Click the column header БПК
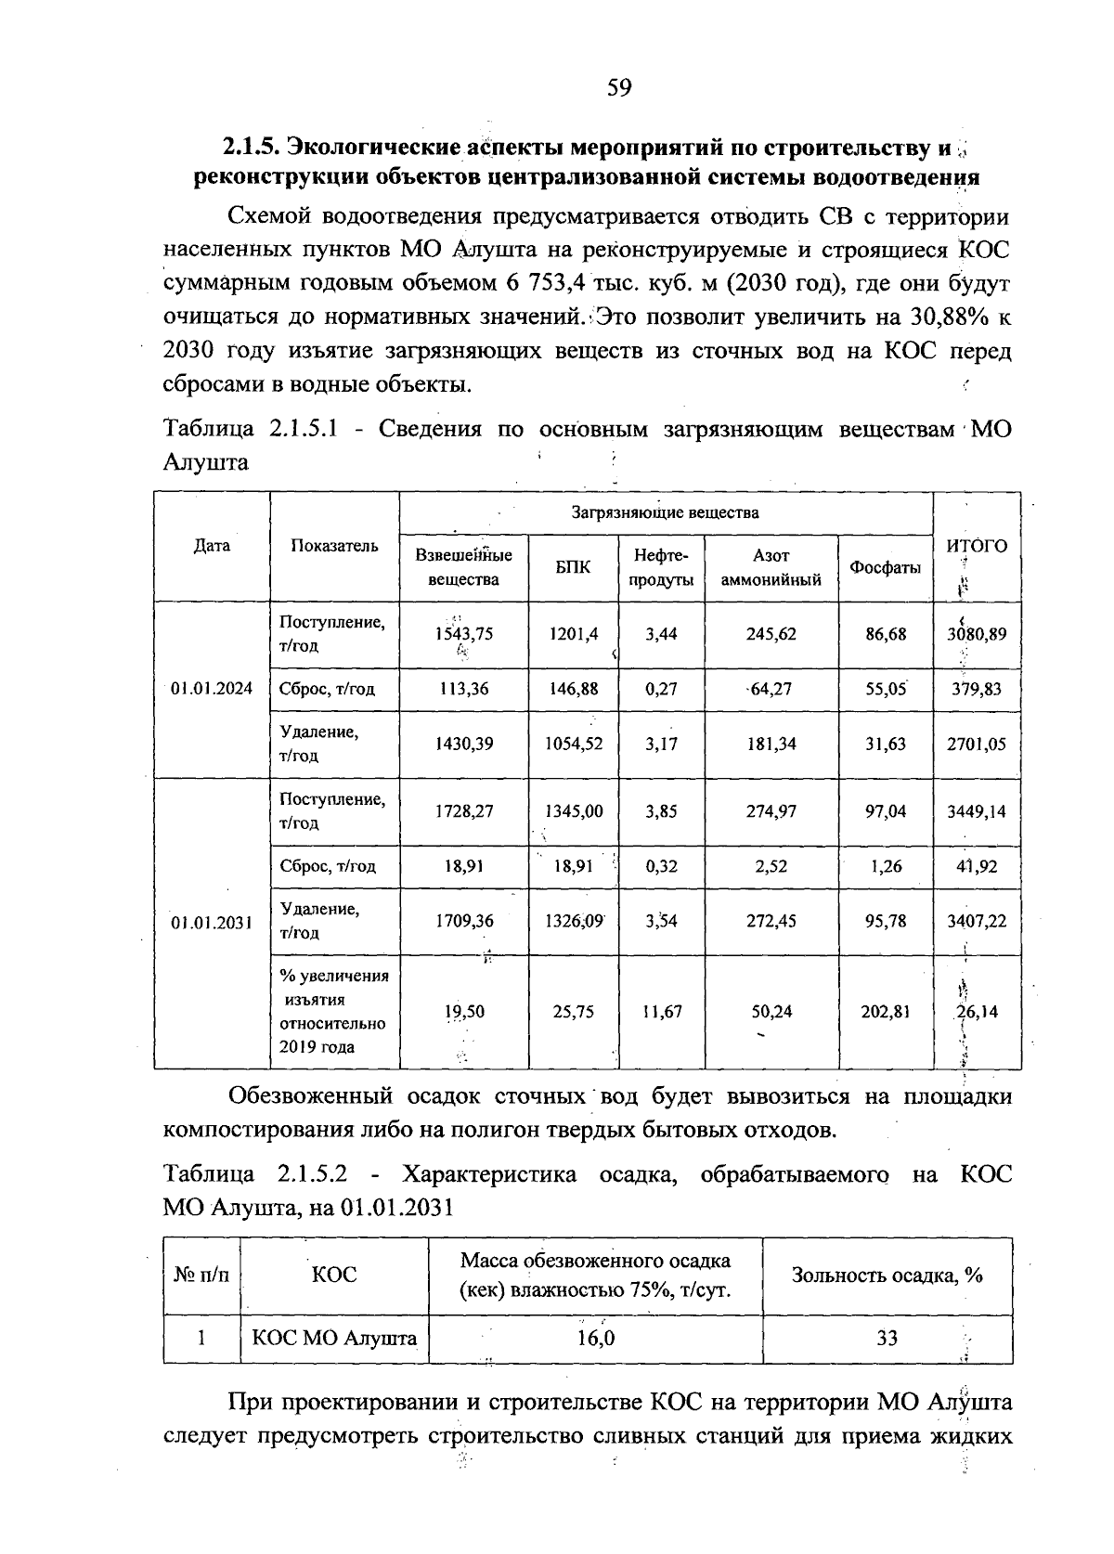[573, 568]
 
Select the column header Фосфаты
[885, 568]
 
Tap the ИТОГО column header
[977, 546]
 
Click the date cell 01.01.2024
[212, 689]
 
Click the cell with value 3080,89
[976, 634]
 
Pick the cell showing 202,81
[885, 1011]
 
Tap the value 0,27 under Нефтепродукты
[661, 689]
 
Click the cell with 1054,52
[573, 744]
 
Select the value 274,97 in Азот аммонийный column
[771, 810]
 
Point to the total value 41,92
[976, 866]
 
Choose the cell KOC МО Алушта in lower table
[334, 1338]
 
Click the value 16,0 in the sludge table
[594, 1338]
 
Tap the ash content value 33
[887, 1338]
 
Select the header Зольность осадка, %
[887, 1275]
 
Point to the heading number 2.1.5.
[250, 147]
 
